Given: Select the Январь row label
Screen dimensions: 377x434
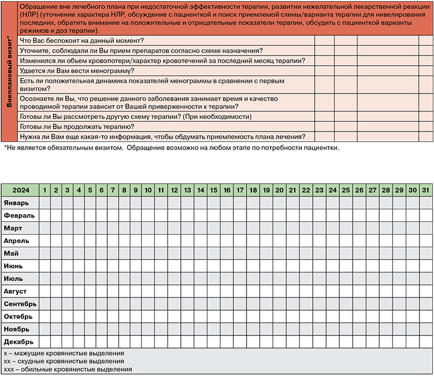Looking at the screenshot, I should pos(16,203).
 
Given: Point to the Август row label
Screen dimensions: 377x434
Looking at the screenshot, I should pos(16,291).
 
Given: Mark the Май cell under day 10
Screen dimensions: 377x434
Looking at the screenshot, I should pos(148,253).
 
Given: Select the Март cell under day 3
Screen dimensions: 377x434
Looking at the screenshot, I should pos(68,228).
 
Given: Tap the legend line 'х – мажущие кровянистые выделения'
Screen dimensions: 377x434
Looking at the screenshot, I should pos(64,353).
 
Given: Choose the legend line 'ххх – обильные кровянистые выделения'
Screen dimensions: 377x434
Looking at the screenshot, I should pos(68,369).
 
